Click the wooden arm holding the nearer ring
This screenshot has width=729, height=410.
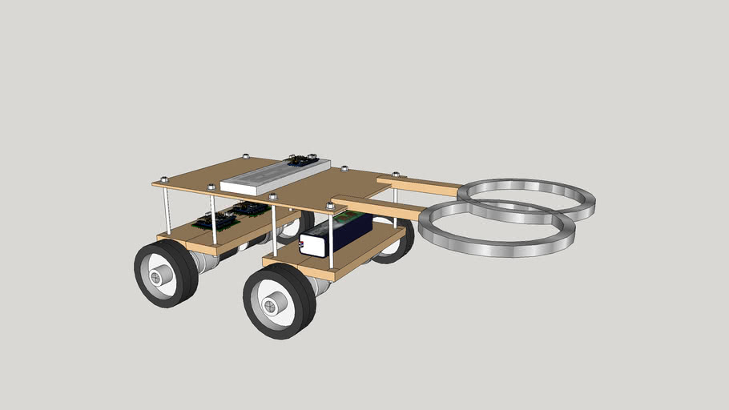[x=377, y=207]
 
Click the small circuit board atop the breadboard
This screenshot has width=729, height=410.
[x=302, y=161]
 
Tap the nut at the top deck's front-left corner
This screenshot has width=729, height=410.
[x=164, y=179]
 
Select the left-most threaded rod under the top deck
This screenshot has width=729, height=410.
[x=167, y=210]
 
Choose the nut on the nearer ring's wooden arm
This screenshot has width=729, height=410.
[x=330, y=205]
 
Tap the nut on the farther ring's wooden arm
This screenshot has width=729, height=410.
[x=395, y=174]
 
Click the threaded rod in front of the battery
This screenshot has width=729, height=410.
[x=331, y=240]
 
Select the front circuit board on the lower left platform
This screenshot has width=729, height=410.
[x=215, y=221]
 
